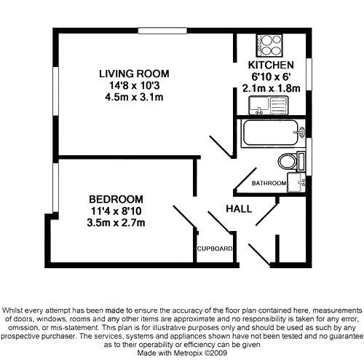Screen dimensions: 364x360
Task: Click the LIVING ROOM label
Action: click(x=134, y=74)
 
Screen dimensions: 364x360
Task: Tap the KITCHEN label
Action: click(x=271, y=65)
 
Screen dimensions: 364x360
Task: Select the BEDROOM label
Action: click(x=116, y=200)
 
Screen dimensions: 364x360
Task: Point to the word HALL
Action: click(x=239, y=209)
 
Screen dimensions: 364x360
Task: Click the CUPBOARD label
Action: click(x=215, y=249)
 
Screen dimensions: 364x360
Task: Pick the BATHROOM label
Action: click(x=269, y=183)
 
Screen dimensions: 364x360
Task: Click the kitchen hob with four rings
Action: click(x=269, y=45)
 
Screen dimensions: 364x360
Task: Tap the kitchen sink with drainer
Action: click(x=269, y=105)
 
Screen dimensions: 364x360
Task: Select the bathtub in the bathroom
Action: click(x=273, y=133)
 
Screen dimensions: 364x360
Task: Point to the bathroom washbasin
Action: click(x=296, y=182)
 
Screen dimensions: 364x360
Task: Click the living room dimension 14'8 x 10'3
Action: click(x=134, y=85)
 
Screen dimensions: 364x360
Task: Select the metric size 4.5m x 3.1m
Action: click(x=134, y=97)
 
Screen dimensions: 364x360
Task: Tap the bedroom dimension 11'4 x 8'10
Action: click(x=116, y=211)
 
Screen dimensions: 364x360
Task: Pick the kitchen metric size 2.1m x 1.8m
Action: click(x=272, y=88)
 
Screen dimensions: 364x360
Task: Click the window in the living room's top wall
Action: click(x=162, y=31)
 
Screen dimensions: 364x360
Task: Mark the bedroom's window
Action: click(x=56, y=187)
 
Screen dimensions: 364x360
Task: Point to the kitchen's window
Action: click(x=309, y=74)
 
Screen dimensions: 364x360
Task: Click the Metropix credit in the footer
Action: click(x=182, y=353)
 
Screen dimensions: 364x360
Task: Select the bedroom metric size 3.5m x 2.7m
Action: click(x=116, y=223)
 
